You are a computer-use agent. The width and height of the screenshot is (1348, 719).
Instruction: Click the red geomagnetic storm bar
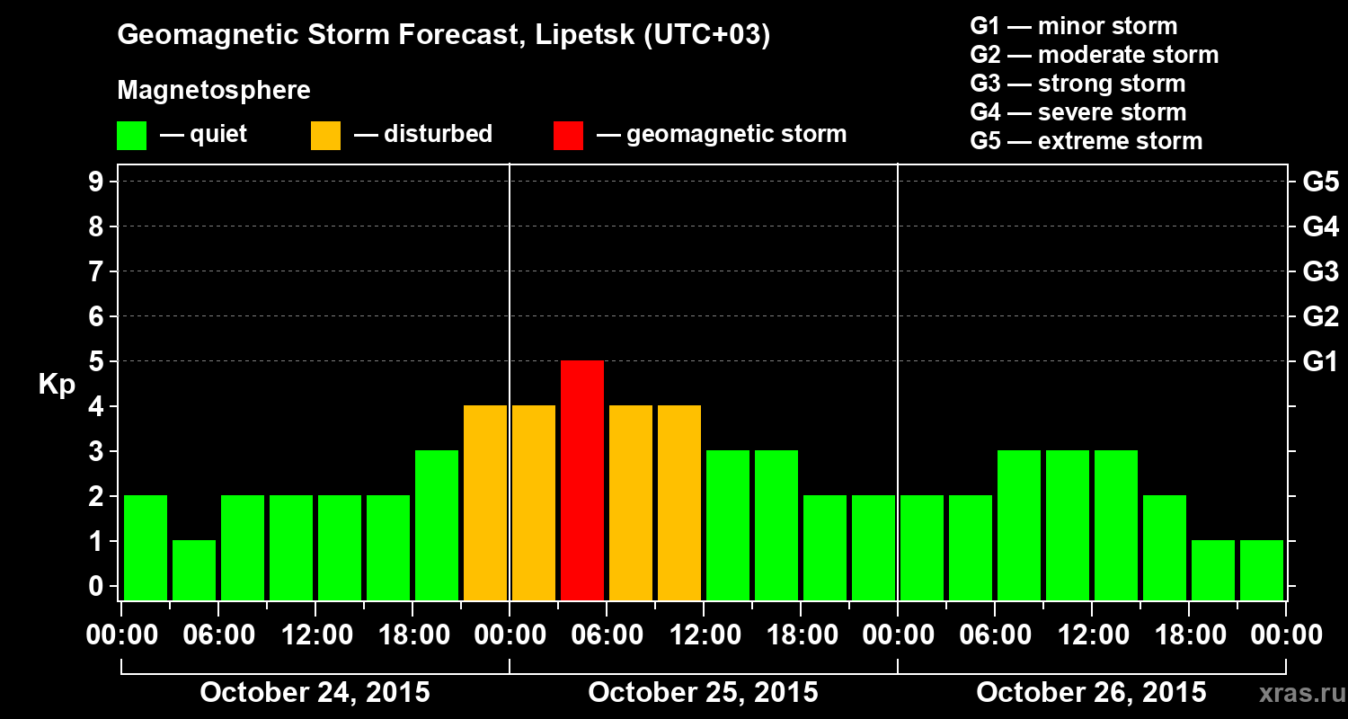pyautogui.click(x=582, y=480)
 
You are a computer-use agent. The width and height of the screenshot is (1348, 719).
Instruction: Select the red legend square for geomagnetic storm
pyautogui.click(x=568, y=135)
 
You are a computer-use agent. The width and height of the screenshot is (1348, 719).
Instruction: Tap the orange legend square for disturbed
pyautogui.click(x=325, y=135)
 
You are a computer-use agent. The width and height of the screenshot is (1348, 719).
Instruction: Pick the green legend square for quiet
pyautogui.click(x=131, y=135)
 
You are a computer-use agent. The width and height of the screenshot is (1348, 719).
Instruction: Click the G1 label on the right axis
pyautogui.click(x=1320, y=361)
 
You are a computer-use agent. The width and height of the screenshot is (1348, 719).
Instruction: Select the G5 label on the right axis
pyautogui.click(x=1320, y=182)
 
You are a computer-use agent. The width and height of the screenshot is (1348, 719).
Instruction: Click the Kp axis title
pyautogui.click(x=57, y=384)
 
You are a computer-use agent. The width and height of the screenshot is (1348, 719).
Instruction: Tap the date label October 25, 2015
pyautogui.click(x=703, y=693)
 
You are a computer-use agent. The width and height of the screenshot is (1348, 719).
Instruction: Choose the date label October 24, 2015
pyautogui.click(x=315, y=693)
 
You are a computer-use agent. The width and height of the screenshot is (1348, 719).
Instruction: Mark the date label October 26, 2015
pyautogui.click(x=1091, y=693)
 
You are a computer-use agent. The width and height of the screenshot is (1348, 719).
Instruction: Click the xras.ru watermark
pyautogui.click(x=1296, y=693)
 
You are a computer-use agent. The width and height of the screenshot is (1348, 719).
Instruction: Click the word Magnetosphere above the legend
pyautogui.click(x=214, y=91)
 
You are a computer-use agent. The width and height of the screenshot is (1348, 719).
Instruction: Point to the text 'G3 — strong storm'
pyautogui.click(x=1078, y=84)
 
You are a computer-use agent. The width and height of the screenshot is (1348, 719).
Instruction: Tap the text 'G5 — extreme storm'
pyautogui.click(x=1086, y=141)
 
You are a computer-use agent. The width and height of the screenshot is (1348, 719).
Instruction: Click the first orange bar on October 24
pyautogui.click(x=485, y=502)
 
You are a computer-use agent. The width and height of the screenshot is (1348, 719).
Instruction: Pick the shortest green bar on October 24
pyautogui.click(x=194, y=570)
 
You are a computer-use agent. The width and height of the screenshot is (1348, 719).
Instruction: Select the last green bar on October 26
pyautogui.click(x=1262, y=570)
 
